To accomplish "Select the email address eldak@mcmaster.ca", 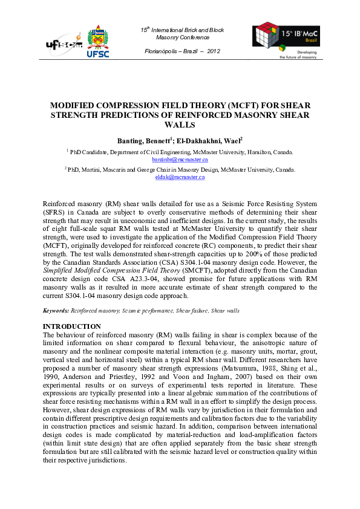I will pyautogui.click(x=180, y=177).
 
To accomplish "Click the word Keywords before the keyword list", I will pyautogui.click(x=56, y=310).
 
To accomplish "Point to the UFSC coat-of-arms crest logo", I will pyautogui.click(x=99, y=37).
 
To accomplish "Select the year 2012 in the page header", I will pyautogui.click(x=213, y=51).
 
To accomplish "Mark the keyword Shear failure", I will pyautogui.click(x=192, y=310).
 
